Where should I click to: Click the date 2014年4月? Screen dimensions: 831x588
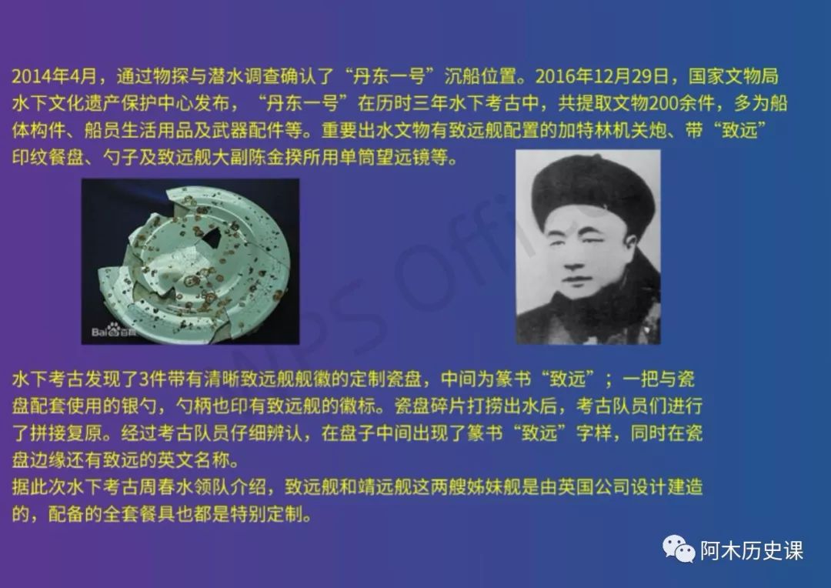pyautogui.click(x=54, y=76)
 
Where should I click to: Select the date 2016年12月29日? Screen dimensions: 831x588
pyautogui.click(x=602, y=76)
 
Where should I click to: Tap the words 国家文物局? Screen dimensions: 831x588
pyautogui.click(x=733, y=76)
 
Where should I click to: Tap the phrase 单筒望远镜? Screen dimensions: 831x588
pyautogui.click(x=385, y=158)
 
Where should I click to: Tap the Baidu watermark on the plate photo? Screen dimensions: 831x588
pyautogui.click(x=113, y=330)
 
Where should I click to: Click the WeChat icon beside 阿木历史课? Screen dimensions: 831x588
pyautogui.click(x=679, y=549)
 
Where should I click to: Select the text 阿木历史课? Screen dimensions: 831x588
pyautogui.click(x=752, y=550)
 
